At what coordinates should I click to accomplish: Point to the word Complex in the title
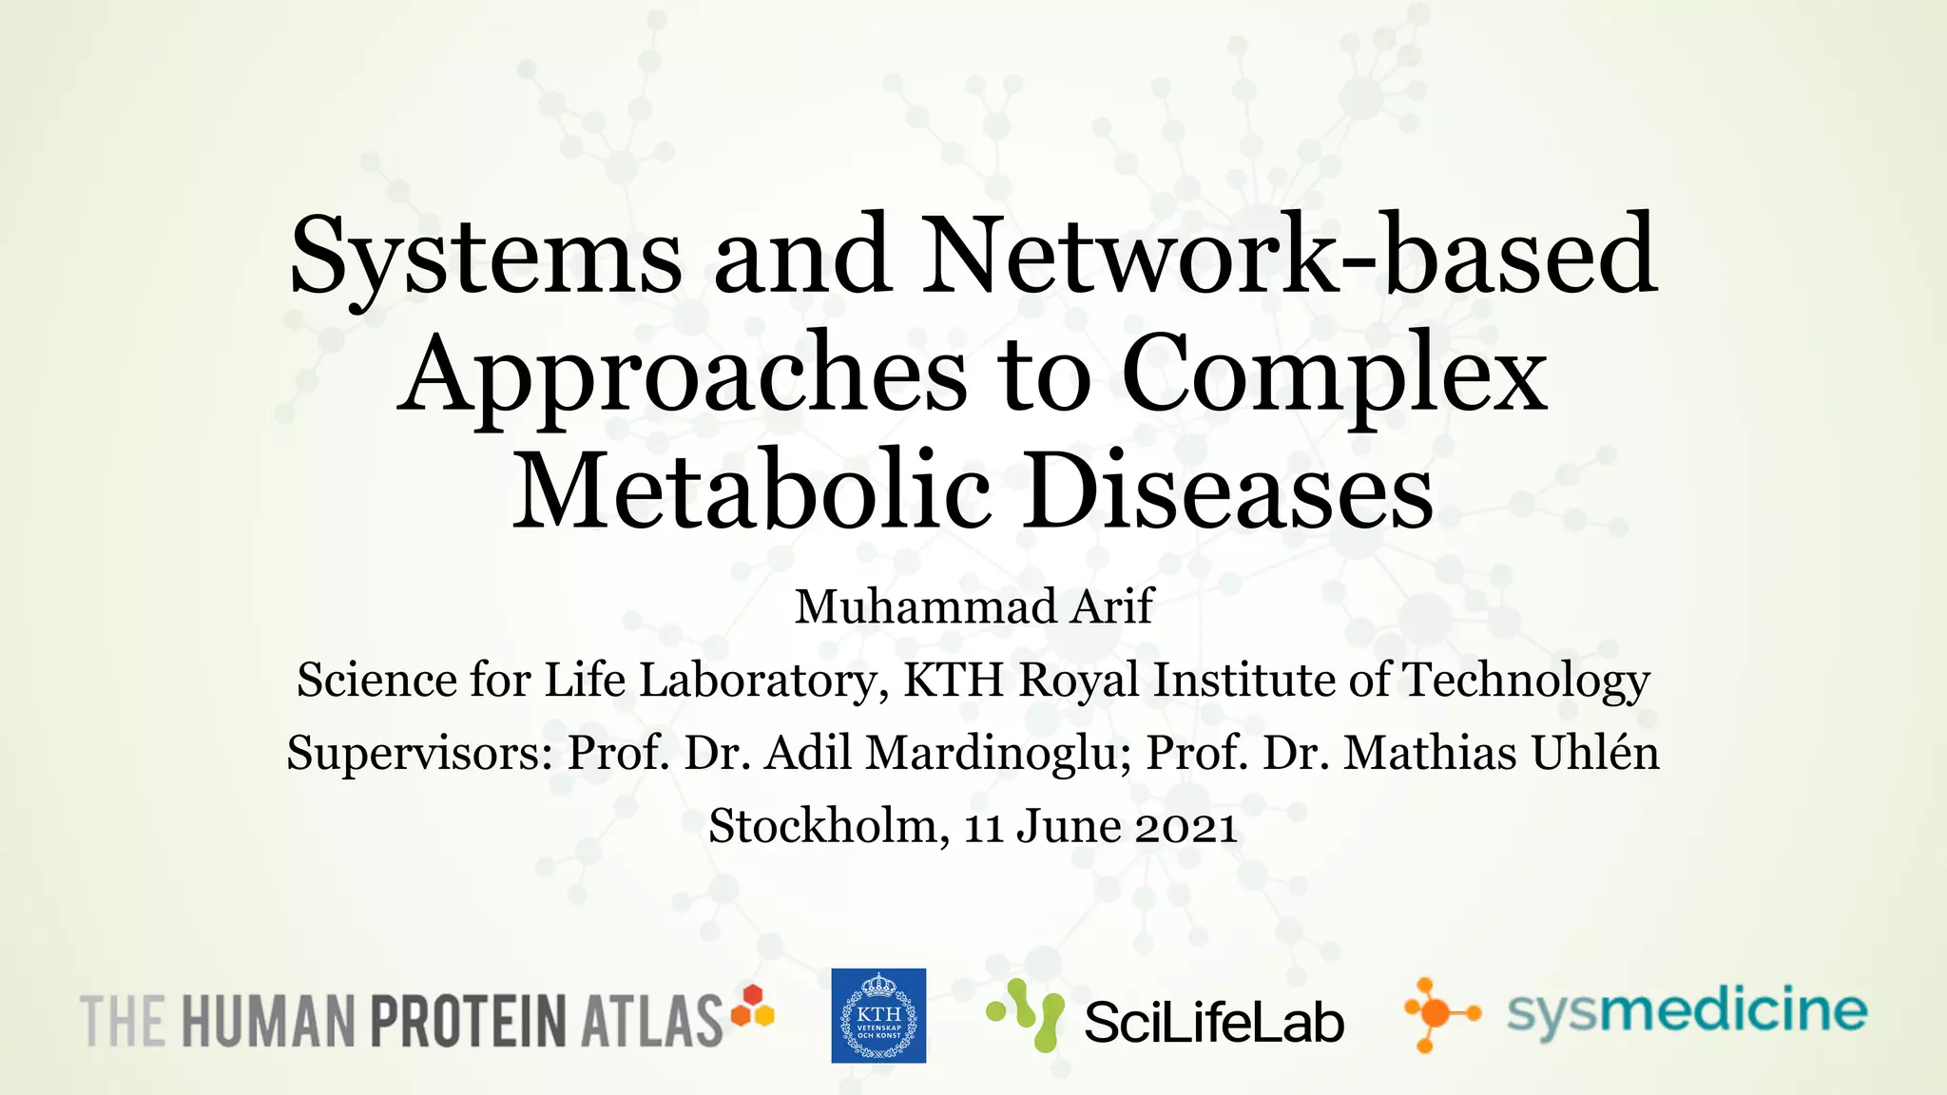tap(1335, 375)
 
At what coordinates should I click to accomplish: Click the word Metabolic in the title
tap(752, 492)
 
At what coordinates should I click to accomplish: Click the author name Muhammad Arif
tap(973, 606)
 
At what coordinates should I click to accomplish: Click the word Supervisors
tap(419, 753)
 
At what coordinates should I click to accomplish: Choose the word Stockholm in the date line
tap(823, 825)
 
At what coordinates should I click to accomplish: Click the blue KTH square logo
tap(878, 1015)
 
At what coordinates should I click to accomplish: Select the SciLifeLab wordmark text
tap(1214, 1023)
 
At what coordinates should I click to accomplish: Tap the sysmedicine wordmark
tap(1687, 1012)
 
